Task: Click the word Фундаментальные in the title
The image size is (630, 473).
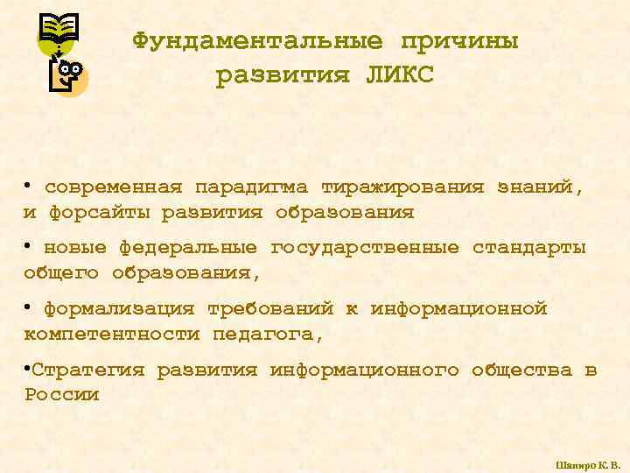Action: point(257,41)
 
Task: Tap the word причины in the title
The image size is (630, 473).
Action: point(459,41)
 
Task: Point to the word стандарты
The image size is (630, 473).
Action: point(528,248)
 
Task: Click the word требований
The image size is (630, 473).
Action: point(270,309)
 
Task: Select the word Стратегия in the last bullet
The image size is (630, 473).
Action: point(87,370)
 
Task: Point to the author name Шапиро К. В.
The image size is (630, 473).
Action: point(587,463)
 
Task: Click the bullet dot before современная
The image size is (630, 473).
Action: point(28,187)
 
